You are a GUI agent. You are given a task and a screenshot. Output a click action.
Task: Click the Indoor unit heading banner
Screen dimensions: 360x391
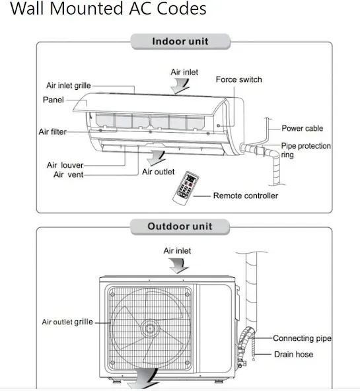point(180,42)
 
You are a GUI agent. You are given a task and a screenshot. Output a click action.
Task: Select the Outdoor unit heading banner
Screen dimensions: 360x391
point(180,227)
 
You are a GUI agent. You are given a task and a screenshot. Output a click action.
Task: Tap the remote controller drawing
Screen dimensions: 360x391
point(186,188)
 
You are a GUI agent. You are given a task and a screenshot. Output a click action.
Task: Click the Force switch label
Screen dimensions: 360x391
point(239,79)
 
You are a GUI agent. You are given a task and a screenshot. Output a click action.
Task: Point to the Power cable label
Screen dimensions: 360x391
point(302,128)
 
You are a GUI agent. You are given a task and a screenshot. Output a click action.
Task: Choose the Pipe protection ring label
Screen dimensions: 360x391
point(306,150)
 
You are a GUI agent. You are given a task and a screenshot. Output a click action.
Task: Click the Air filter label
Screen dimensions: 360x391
point(53,131)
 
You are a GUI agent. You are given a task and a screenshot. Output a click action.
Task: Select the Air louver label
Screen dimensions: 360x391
point(65,165)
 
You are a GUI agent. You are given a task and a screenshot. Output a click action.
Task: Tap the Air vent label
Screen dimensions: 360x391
point(68,174)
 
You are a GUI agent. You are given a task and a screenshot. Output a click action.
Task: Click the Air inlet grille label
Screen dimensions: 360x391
point(68,86)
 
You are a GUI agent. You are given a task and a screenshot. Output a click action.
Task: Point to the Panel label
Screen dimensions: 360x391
point(54,100)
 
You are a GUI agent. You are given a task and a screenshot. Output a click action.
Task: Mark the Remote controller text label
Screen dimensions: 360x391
point(246,196)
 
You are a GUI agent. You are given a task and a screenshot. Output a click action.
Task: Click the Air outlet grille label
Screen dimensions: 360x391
point(67,322)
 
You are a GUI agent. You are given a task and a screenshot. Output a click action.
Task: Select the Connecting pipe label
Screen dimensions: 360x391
point(302,338)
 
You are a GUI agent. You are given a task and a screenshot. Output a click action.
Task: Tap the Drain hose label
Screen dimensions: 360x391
point(293,354)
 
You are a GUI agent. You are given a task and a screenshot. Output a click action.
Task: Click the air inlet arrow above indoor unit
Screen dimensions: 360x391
point(180,86)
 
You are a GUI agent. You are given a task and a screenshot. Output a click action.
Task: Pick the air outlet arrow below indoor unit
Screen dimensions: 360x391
point(157,158)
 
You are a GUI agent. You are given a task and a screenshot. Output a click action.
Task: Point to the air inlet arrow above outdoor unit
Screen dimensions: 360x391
point(178,266)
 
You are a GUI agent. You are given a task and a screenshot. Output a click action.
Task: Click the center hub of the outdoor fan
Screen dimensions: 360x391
point(150,329)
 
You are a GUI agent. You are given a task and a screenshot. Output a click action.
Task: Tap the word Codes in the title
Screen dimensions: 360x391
point(181,8)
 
